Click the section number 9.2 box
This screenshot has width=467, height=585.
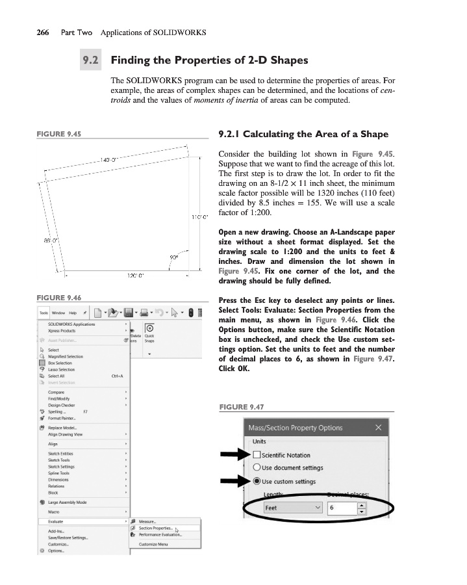[90, 62]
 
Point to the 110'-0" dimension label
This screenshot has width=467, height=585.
[199, 216]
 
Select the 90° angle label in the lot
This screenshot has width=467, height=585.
[174, 256]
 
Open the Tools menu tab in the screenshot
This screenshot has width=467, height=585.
[44, 313]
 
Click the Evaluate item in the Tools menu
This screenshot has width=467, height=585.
[56, 521]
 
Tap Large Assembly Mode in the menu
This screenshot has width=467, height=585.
[67, 502]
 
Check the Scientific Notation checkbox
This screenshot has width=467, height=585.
[257, 455]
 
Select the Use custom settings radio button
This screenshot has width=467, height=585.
[257, 482]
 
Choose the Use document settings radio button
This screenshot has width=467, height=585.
[257, 468]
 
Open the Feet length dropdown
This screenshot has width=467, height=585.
[292, 508]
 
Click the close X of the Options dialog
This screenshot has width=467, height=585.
[378, 428]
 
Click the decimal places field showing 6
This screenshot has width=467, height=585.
[342, 508]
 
